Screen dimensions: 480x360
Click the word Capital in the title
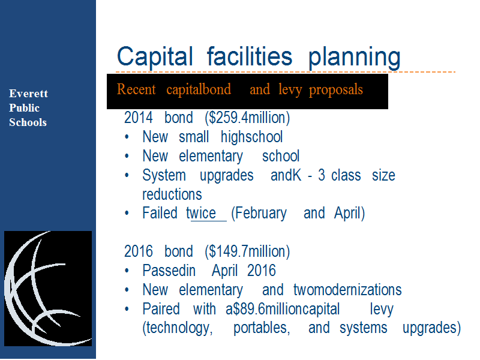point(155,56)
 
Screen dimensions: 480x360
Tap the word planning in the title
point(354,58)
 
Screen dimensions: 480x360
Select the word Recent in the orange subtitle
point(136,89)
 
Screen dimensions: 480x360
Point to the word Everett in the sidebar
point(28,94)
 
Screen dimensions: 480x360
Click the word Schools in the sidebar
point(28,122)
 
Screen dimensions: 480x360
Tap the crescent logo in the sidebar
point(48,289)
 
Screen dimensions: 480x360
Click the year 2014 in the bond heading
point(139,118)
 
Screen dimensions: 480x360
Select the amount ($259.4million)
point(247,118)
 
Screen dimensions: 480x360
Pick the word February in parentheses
point(259,214)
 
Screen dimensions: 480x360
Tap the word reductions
point(172,194)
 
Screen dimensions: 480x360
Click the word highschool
point(251,137)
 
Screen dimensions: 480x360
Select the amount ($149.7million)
point(247,251)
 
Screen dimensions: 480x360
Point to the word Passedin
point(169,271)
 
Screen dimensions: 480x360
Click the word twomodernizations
point(347,290)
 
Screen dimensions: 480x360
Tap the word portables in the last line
point(262,328)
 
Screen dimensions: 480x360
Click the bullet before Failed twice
point(127,214)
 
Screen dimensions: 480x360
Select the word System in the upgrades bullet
point(164,176)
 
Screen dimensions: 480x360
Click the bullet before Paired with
point(127,309)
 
